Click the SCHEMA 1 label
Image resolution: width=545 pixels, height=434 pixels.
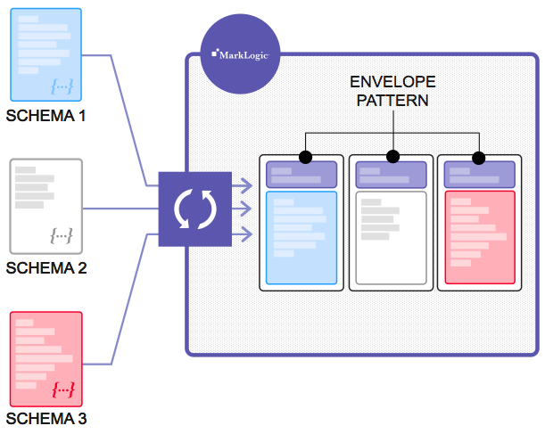[46, 116]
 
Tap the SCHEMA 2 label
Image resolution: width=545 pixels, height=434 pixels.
[46, 268]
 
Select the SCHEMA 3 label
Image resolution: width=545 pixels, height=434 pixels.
[46, 419]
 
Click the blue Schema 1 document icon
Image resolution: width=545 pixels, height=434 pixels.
[45, 54]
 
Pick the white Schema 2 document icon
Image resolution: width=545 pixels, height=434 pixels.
[45, 206]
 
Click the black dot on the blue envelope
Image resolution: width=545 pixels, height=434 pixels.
[305, 157]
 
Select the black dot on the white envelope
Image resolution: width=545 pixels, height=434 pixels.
[392, 157]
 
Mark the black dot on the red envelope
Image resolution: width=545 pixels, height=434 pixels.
[478, 158]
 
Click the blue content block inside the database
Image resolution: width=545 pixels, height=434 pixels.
[301, 237]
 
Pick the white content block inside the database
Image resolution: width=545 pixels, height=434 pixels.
[391, 237]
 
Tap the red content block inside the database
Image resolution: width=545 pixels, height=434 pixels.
[479, 237]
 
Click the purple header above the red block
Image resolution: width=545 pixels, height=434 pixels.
[479, 176]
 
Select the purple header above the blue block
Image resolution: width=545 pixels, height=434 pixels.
[301, 175]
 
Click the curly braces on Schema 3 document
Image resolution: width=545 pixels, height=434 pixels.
[62, 389]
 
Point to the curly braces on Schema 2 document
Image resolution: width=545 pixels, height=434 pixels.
[62, 236]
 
